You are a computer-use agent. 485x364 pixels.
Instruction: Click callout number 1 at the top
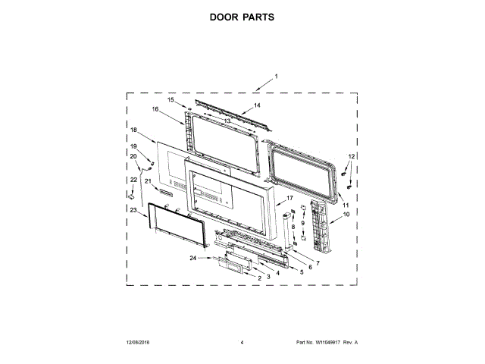click(x=277, y=76)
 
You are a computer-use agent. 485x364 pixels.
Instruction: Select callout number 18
click(x=133, y=130)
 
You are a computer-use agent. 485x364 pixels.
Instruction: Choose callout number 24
click(x=193, y=259)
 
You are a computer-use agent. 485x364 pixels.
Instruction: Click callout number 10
click(x=347, y=215)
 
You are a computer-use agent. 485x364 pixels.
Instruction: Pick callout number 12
click(x=351, y=155)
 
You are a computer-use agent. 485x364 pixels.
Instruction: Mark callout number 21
click(x=149, y=181)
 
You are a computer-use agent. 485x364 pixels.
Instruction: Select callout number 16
click(x=155, y=109)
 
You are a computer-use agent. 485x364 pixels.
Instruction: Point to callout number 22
click(x=133, y=179)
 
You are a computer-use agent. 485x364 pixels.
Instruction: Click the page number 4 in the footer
click(x=241, y=343)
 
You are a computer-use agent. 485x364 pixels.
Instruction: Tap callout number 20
click(x=133, y=156)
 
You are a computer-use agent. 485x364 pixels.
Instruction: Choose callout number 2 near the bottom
click(x=259, y=279)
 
